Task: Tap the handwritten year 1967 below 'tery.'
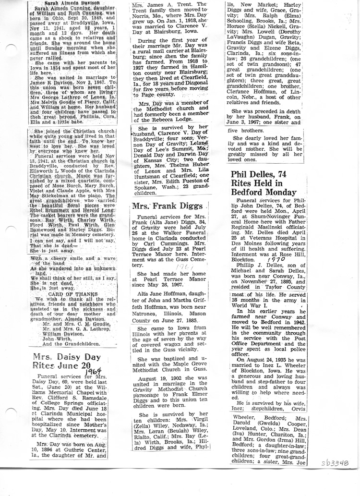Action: pos(172,265)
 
